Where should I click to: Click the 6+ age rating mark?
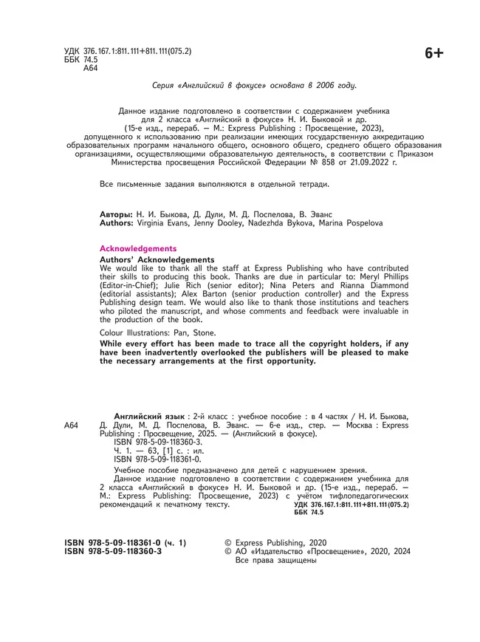click(433, 53)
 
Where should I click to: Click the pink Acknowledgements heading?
click(138, 248)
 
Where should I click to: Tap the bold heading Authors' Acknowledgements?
click(157, 259)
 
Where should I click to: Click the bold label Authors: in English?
click(117, 222)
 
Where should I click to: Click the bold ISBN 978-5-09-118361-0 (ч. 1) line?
click(126, 543)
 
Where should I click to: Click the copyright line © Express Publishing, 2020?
click(274, 543)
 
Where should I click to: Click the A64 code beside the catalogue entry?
click(71, 426)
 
